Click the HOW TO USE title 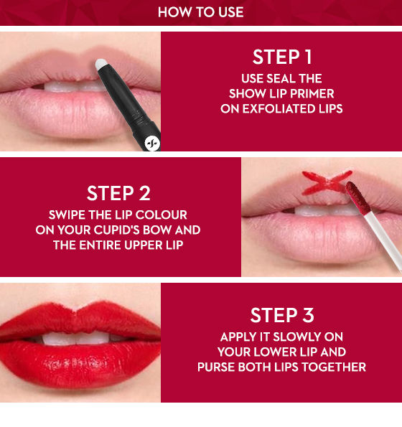(201, 12)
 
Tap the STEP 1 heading (282, 57)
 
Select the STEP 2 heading (118, 193)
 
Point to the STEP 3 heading (282, 315)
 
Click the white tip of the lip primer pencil (100, 64)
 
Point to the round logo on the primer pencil (152, 143)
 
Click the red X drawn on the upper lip (327, 182)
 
